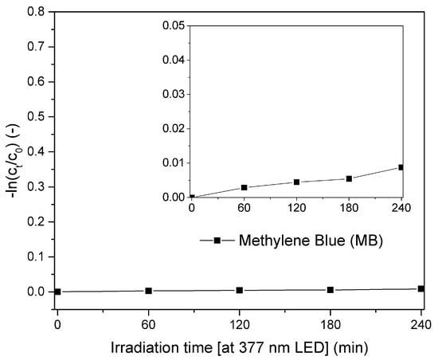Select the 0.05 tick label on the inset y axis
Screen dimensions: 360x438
(x=171, y=25)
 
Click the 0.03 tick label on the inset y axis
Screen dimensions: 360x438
(x=171, y=94)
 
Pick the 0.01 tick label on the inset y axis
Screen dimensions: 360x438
(x=171, y=162)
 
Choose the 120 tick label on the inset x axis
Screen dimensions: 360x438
(x=296, y=209)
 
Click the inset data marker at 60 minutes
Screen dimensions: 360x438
(x=244, y=187)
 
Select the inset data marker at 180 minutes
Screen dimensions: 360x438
(x=349, y=178)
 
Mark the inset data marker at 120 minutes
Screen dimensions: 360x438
(x=296, y=182)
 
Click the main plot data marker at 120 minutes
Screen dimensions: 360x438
(x=239, y=290)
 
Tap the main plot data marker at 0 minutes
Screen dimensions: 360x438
(x=57, y=292)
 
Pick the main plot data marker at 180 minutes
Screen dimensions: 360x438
(x=330, y=290)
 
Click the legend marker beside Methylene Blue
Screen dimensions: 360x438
(x=217, y=240)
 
